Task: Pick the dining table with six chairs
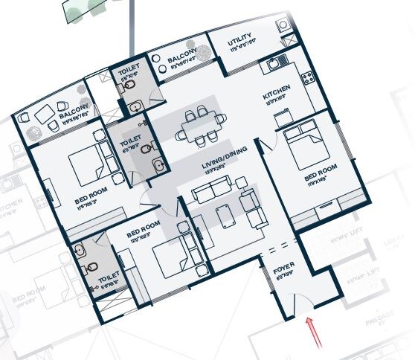pyautogui.click(x=199, y=125)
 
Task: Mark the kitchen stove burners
pyautogui.click(x=306, y=77)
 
